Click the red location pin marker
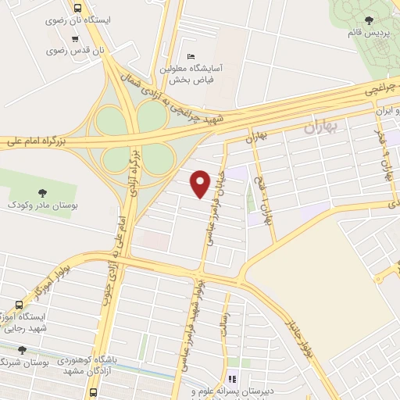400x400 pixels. [x=201, y=184]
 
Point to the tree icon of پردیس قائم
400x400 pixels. [x=370, y=20]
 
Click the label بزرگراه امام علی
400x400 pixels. [x=34, y=141]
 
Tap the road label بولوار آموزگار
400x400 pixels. [x=48, y=281]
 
